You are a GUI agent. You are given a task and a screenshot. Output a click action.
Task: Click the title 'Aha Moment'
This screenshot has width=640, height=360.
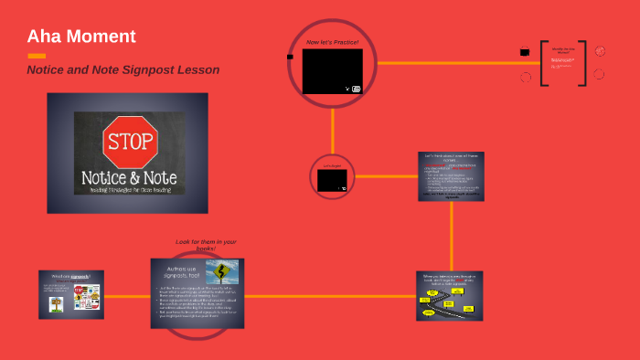click(81, 37)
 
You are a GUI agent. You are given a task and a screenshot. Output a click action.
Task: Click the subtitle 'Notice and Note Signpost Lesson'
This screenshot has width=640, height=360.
click(123, 69)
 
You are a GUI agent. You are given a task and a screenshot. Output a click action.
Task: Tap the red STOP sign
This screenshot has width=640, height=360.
click(132, 141)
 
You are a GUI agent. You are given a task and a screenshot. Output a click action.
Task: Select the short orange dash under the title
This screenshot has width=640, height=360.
click(37, 56)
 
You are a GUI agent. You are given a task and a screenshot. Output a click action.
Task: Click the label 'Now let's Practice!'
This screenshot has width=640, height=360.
click(333, 43)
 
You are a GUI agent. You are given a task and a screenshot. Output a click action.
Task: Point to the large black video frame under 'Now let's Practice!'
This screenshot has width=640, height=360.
click(332, 71)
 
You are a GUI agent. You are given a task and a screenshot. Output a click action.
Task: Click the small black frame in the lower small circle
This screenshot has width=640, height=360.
click(332, 180)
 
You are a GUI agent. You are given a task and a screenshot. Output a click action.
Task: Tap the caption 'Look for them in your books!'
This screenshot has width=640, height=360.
click(206, 245)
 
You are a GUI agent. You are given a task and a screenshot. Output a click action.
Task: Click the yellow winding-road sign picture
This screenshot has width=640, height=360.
click(222, 271)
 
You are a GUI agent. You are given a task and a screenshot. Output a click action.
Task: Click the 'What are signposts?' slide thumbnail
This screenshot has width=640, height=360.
click(71, 294)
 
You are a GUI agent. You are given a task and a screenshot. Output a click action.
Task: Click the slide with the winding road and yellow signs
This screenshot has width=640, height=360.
click(449, 296)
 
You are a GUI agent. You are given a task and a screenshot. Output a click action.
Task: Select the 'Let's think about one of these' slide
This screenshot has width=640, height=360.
click(450, 175)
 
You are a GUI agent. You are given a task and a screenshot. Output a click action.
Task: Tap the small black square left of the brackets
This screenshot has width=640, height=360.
click(525, 52)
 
